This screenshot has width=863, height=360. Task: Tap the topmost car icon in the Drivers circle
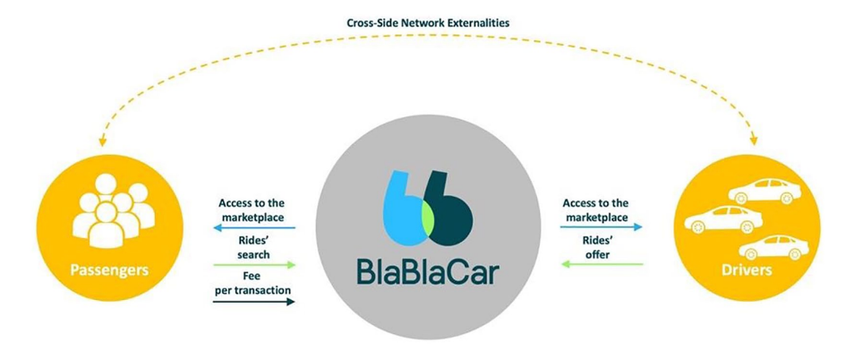click(x=764, y=191)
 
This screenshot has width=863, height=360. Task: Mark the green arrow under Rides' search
click(x=254, y=264)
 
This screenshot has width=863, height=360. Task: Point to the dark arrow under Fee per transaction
click(x=254, y=302)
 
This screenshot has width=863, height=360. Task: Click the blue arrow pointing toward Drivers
click(x=602, y=227)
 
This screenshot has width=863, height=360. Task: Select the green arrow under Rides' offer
click(x=602, y=264)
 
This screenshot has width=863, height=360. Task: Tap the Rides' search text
click(x=254, y=245)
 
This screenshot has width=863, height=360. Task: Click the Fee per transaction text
click(x=254, y=283)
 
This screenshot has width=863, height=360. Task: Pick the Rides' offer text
click(x=602, y=245)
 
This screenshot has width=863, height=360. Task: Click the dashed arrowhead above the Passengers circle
click(x=105, y=142)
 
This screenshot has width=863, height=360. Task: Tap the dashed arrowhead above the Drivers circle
click(x=755, y=141)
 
